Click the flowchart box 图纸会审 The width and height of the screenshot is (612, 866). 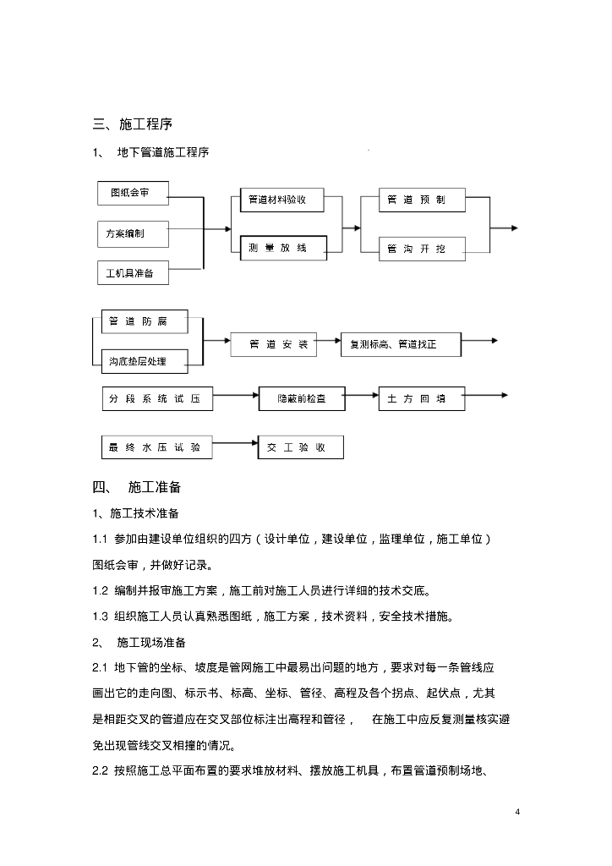pos(130,193)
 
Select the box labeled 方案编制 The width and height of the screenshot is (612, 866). pos(131,233)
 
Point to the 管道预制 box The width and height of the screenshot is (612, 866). pos(414,200)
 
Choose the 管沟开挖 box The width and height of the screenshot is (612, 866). pos(414,249)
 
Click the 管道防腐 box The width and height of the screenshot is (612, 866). pos(139,322)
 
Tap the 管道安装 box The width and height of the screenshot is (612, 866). pos(272,344)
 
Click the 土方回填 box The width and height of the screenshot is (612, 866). pos(421,398)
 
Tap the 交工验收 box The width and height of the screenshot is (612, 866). pos(301,447)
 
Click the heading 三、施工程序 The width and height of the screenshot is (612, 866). pos(132,124)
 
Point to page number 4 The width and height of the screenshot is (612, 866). pos(517,812)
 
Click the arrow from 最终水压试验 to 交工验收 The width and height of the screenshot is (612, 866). pos(235,442)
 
